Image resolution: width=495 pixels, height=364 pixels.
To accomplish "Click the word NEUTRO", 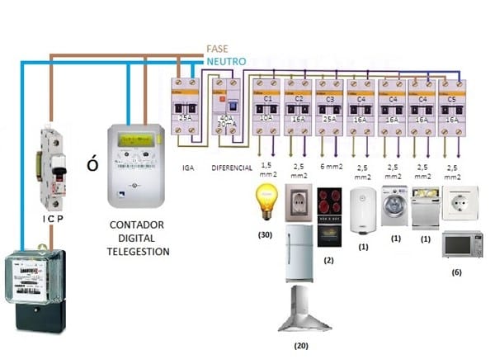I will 225,61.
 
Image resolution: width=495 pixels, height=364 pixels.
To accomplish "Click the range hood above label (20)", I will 304,310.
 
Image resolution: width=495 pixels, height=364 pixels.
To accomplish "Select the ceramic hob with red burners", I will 331,203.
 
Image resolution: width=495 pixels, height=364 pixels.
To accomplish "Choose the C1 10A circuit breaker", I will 266,106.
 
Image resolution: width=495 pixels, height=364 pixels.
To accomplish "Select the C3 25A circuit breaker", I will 329,106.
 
